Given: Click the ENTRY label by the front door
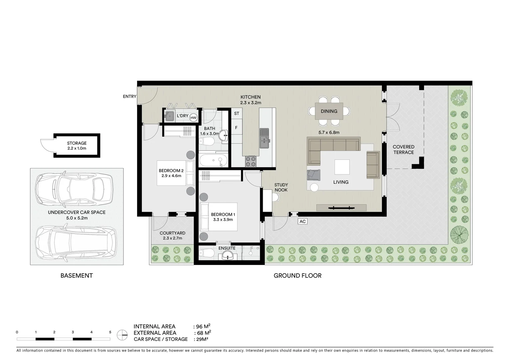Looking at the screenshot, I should pyautogui.click(x=129, y=97).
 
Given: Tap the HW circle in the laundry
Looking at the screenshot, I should pyautogui.click(x=193, y=117).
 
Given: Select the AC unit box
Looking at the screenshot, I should pyautogui.click(x=303, y=221).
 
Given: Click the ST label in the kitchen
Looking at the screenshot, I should pyautogui.click(x=236, y=114).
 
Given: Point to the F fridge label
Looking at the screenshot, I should pyautogui.click(x=236, y=128).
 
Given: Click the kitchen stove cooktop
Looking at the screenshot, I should pyautogui.click(x=250, y=162).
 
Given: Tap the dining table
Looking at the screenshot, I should pyautogui.click(x=329, y=111).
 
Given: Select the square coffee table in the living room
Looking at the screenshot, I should pyautogui.click(x=342, y=167).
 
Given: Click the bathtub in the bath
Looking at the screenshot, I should pyautogui.click(x=213, y=161).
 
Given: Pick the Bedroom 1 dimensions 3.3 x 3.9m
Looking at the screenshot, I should pyautogui.click(x=223, y=220).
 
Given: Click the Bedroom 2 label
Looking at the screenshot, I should pyautogui.click(x=171, y=171).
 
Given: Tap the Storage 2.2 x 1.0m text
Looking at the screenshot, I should pyautogui.click(x=77, y=148).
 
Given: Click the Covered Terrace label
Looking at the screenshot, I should pyautogui.click(x=403, y=150).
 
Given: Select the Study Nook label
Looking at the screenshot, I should pyautogui.click(x=281, y=187).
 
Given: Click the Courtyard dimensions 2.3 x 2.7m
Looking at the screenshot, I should pyautogui.click(x=172, y=238).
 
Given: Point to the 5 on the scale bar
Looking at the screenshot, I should pyautogui.click(x=110, y=332).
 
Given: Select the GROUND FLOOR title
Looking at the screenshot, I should pyautogui.click(x=298, y=276).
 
